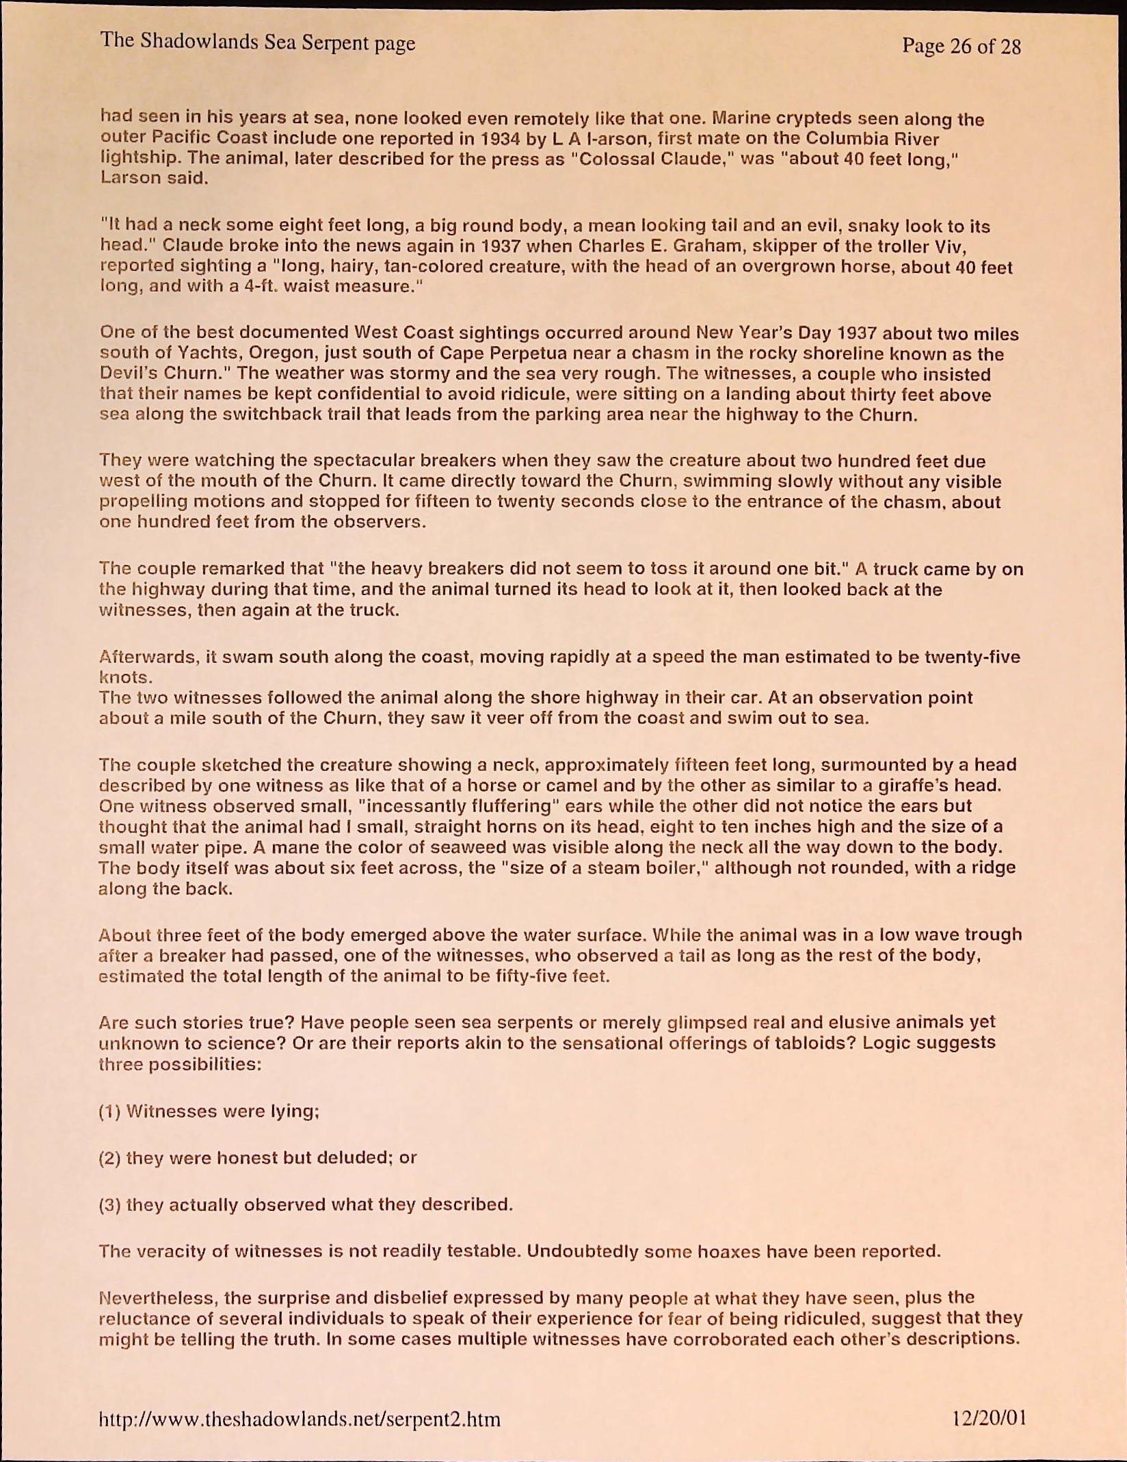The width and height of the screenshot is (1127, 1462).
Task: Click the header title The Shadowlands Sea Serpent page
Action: [x=258, y=42]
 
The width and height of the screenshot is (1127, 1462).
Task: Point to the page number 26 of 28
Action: [x=961, y=47]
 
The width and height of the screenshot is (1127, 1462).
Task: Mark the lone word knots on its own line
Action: [x=125, y=678]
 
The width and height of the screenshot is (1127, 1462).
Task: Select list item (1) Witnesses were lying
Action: [x=209, y=1111]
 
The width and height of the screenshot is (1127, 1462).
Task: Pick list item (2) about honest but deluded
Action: [x=258, y=1158]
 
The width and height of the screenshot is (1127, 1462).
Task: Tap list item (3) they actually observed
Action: [x=306, y=1204]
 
